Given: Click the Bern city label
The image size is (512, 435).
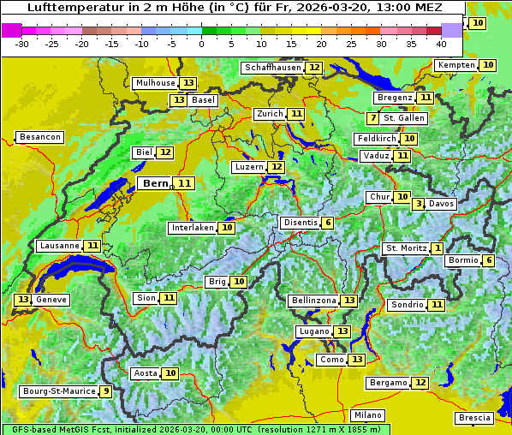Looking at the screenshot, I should coord(156,183).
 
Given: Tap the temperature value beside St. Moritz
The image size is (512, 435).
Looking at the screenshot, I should coord(437,248).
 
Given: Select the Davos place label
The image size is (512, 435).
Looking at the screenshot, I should coord(442,205).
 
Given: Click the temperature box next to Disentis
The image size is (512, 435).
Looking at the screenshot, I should coord(328,223).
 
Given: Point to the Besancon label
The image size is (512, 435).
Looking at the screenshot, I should coord(40,137).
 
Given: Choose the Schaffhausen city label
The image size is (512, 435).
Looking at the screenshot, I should coord(273,68).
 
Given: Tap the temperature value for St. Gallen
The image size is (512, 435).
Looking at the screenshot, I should coord(372,118).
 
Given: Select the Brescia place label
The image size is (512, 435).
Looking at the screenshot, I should coord(474,418).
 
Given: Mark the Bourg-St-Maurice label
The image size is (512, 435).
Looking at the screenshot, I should coord(58,391).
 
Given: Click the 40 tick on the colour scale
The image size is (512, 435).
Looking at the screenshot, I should coord(441,43).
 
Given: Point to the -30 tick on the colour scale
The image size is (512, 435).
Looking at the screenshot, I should coord(22,43).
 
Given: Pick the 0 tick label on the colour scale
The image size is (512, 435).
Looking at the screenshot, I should coord(201,43).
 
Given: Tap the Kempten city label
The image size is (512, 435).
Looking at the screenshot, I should coord(455,65).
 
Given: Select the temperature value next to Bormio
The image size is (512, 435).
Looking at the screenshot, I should coord(489,260).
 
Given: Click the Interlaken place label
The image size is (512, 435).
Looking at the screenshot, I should coord(192,228).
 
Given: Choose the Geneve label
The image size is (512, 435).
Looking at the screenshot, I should coord(51,300).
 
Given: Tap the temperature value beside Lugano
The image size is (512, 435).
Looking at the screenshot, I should coord(342,331).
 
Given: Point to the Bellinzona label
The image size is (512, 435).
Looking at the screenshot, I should coord(313,301).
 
